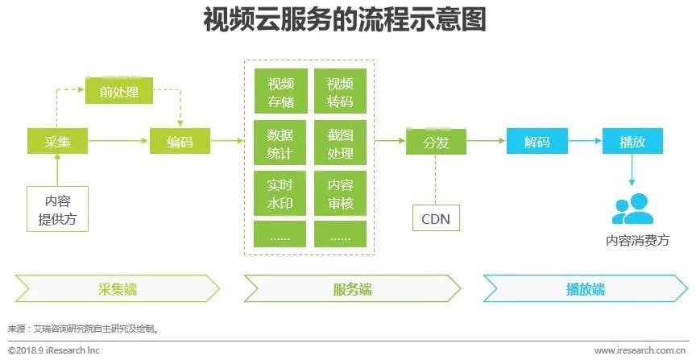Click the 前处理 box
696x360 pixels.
point(119,92)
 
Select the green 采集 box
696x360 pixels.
point(57,143)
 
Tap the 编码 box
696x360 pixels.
point(180,143)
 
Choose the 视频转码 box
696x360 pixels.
point(340,93)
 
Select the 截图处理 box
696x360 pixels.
point(340,143)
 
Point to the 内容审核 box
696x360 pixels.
point(340,193)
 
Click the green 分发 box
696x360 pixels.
point(435,143)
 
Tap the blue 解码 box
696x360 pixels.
point(536,143)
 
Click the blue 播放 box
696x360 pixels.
point(632,143)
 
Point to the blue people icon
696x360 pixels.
point(633,209)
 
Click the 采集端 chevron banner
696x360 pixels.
point(118,288)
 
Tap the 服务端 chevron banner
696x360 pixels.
point(352,288)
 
